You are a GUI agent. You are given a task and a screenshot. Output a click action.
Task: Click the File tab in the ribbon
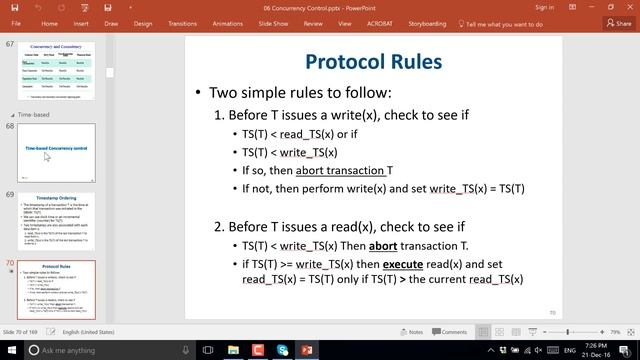point(15,24)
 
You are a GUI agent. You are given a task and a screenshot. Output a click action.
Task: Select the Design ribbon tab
point(142,24)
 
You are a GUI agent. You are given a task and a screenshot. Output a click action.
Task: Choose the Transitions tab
point(183,24)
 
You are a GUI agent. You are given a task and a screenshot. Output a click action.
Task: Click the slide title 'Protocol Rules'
point(373,62)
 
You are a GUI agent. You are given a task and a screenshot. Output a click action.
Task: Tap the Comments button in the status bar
point(451,332)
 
